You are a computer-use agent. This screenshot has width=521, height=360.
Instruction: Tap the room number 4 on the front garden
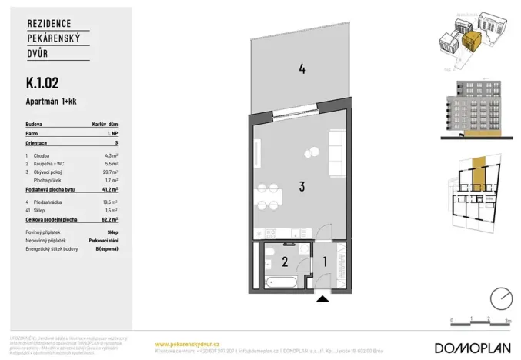(302, 69)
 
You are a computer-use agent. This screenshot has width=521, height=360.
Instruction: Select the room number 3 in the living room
(302, 185)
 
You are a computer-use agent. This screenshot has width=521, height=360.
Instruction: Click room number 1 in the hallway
(325, 262)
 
